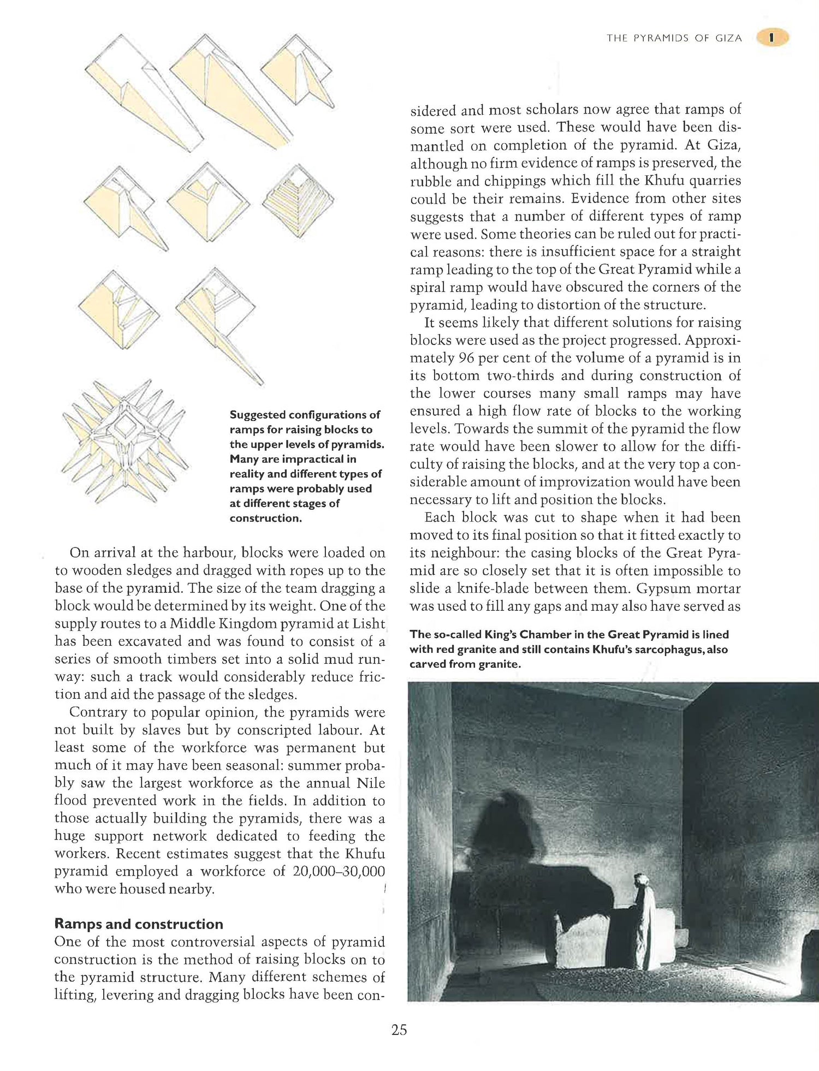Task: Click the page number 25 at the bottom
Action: [x=399, y=1030]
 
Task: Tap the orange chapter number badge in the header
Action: [x=772, y=38]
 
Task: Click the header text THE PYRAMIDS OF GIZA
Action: [x=674, y=38]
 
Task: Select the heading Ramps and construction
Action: [x=139, y=924]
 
